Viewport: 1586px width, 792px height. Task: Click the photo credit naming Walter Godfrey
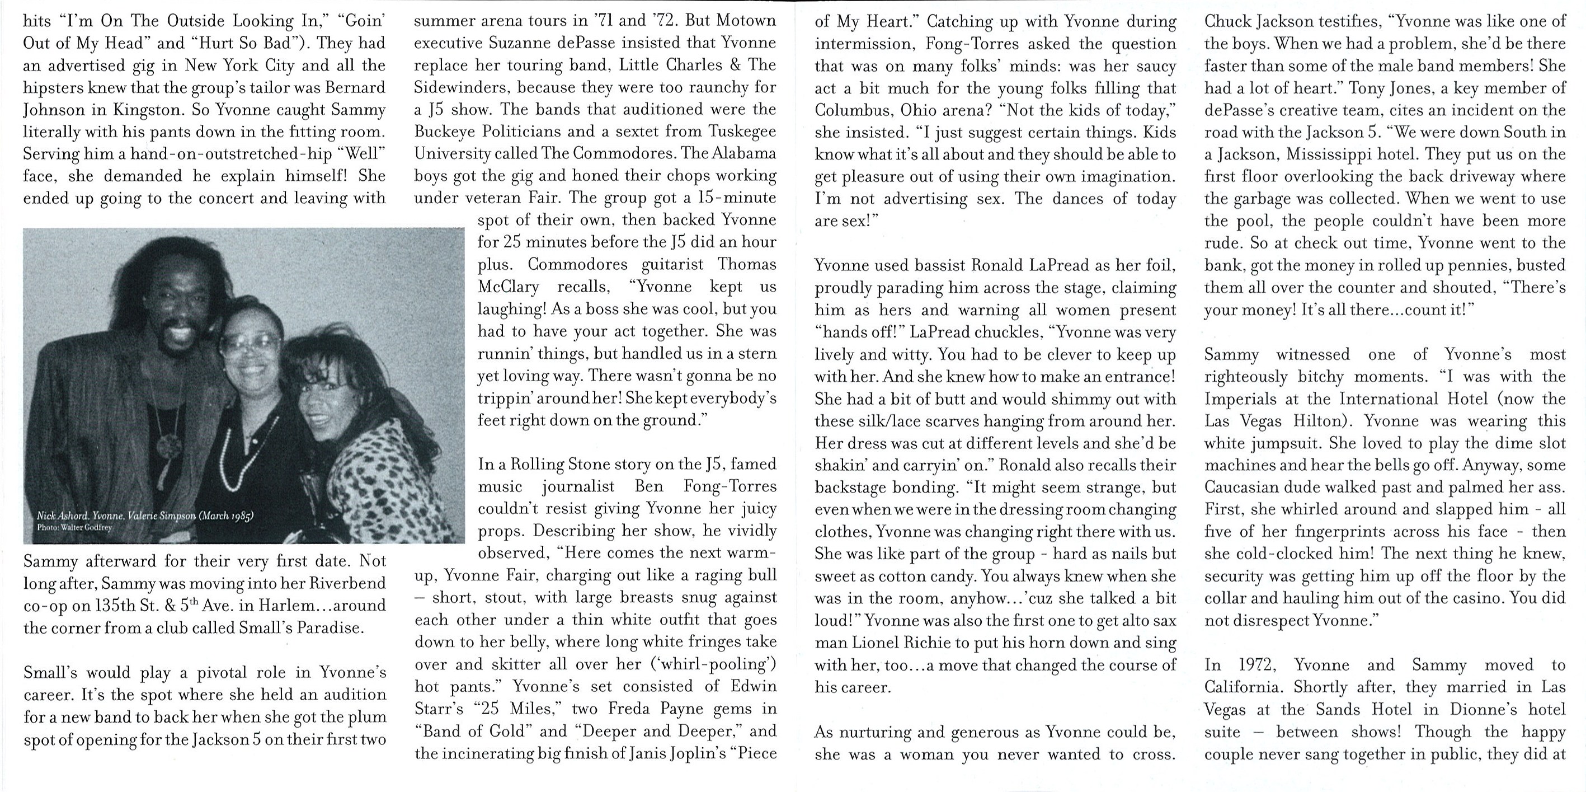coord(74,527)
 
